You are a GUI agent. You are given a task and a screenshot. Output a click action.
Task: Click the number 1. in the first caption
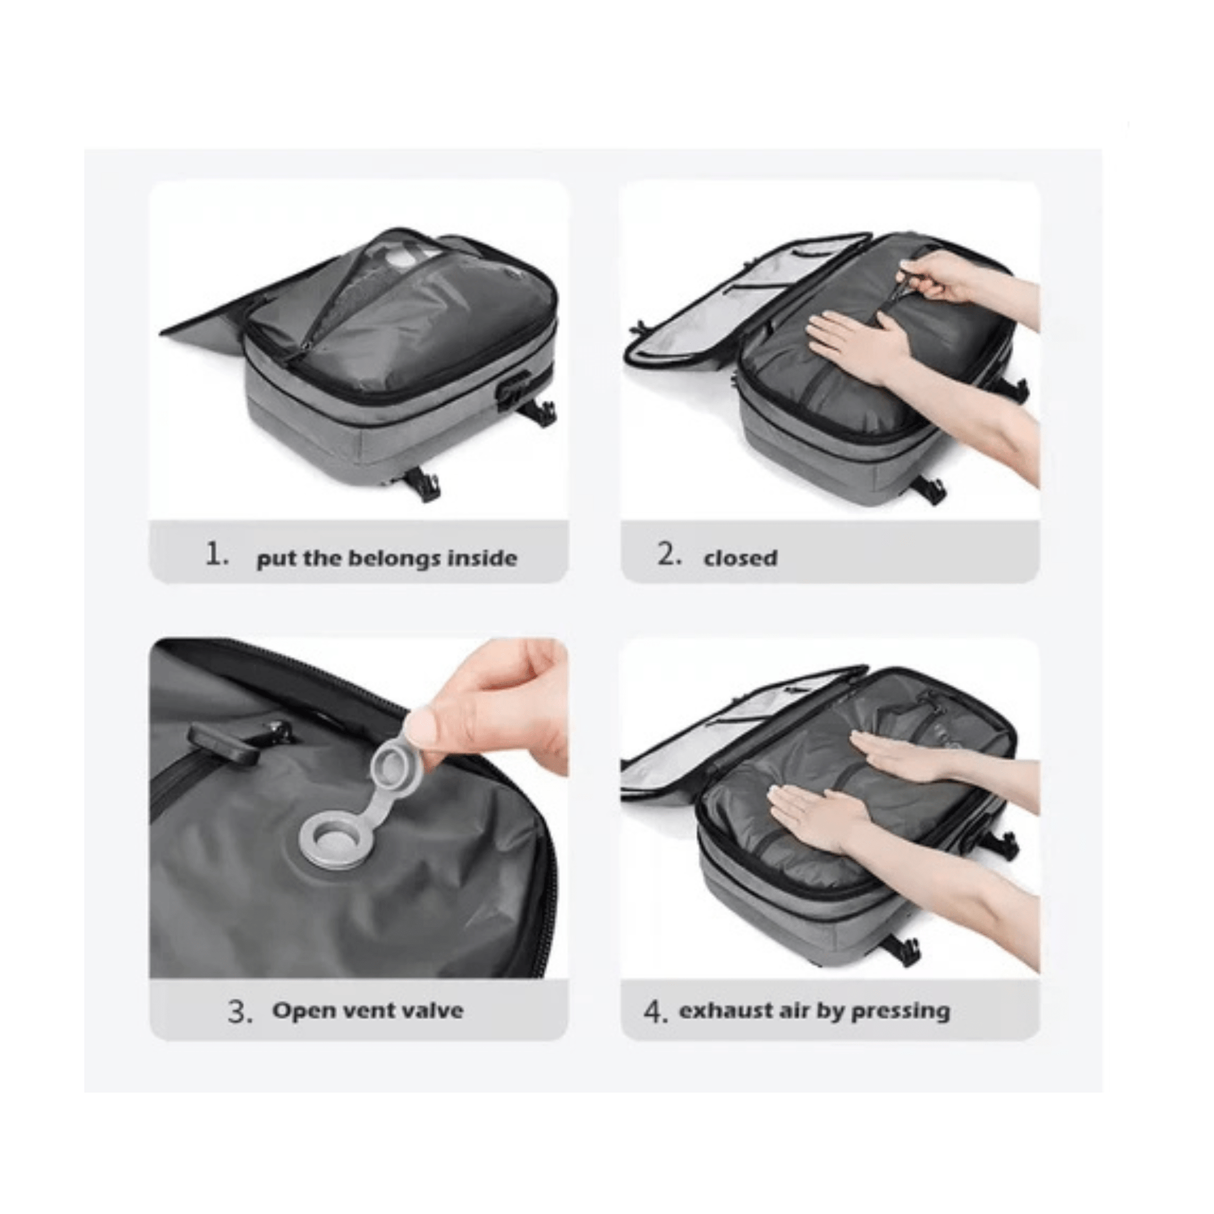click(217, 555)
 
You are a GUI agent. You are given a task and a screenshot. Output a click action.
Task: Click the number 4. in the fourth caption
click(656, 1012)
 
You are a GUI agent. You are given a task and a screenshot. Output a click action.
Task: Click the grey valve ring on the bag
click(333, 842)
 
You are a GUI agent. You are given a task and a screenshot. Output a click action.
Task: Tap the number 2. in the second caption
click(669, 555)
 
